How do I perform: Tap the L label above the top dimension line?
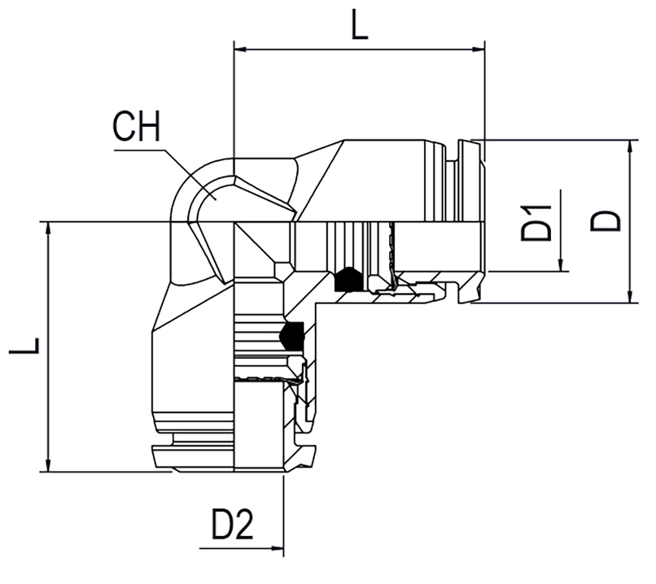pyautogui.click(x=360, y=24)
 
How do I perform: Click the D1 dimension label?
pyautogui.click(x=536, y=223)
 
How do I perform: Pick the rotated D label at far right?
pyautogui.click(x=605, y=221)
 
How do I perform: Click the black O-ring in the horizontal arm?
pyautogui.click(x=349, y=279)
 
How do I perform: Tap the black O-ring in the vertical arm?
pyautogui.click(x=292, y=336)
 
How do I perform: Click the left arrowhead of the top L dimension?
pyautogui.click(x=240, y=50)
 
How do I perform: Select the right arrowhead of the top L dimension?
pyautogui.click(x=478, y=50)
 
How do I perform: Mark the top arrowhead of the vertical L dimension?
pyautogui.click(x=48, y=229)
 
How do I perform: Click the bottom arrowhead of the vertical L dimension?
pyautogui.click(x=48, y=465)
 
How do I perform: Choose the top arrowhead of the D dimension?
pyautogui.click(x=630, y=147)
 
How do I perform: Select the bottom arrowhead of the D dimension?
pyautogui.click(x=630, y=297)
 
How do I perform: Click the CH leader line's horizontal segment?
pyautogui.click(x=139, y=150)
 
